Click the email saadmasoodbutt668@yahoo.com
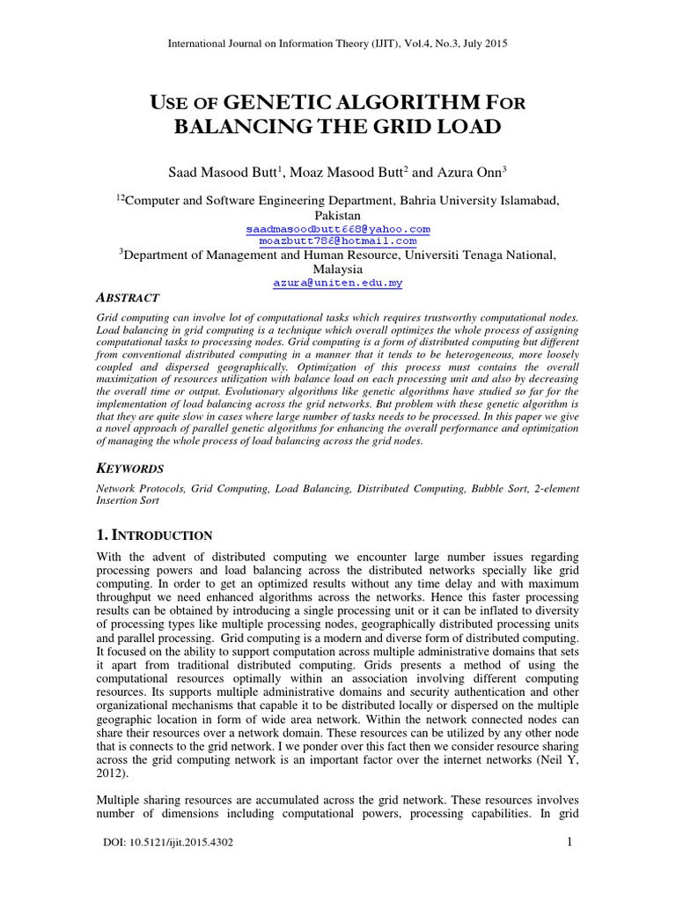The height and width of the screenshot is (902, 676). click(x=338, y=228)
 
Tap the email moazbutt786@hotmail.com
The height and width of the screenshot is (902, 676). click(x=338, y=240)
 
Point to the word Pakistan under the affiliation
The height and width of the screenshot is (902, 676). click(x=337, y=215)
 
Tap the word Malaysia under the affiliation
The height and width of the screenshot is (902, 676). click(x=337, y=269)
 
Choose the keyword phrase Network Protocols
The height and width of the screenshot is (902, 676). click(x=133, y=487)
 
